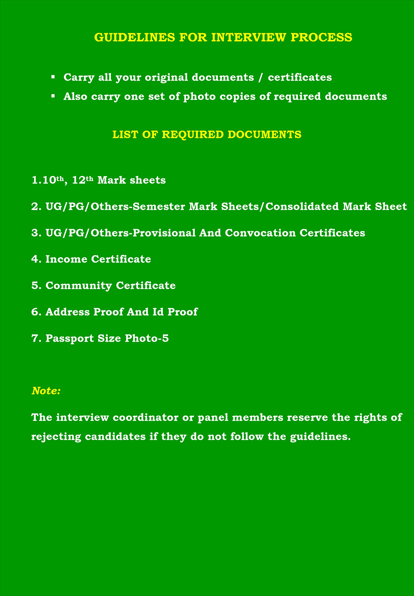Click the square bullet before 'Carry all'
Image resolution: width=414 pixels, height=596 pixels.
53,77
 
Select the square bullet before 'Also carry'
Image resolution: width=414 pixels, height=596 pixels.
53,96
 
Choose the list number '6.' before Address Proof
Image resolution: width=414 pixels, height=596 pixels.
36,312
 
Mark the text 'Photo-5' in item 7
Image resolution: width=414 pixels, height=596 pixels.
147,338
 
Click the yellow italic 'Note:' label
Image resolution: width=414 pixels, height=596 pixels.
46,391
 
